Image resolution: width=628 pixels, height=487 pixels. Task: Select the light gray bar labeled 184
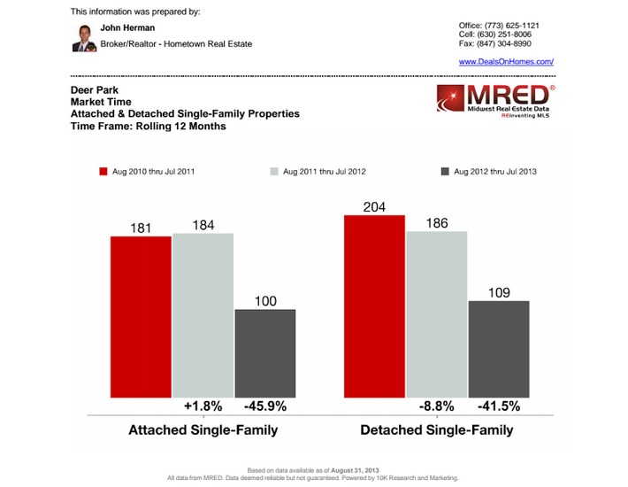[203, 314]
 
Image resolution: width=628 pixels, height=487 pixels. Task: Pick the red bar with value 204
[374, 305]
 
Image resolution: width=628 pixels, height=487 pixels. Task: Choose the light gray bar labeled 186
[436, 313]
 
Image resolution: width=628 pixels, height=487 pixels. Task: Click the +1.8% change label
[203, 406]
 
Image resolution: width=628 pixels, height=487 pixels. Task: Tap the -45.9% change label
[264, 406]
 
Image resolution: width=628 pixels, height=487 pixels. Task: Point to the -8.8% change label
[436, 406]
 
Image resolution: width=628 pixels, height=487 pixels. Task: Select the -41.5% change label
[499, 406]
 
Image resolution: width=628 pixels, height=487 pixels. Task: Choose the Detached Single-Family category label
[436, 430]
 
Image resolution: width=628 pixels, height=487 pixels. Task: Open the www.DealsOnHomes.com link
[506, 61]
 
